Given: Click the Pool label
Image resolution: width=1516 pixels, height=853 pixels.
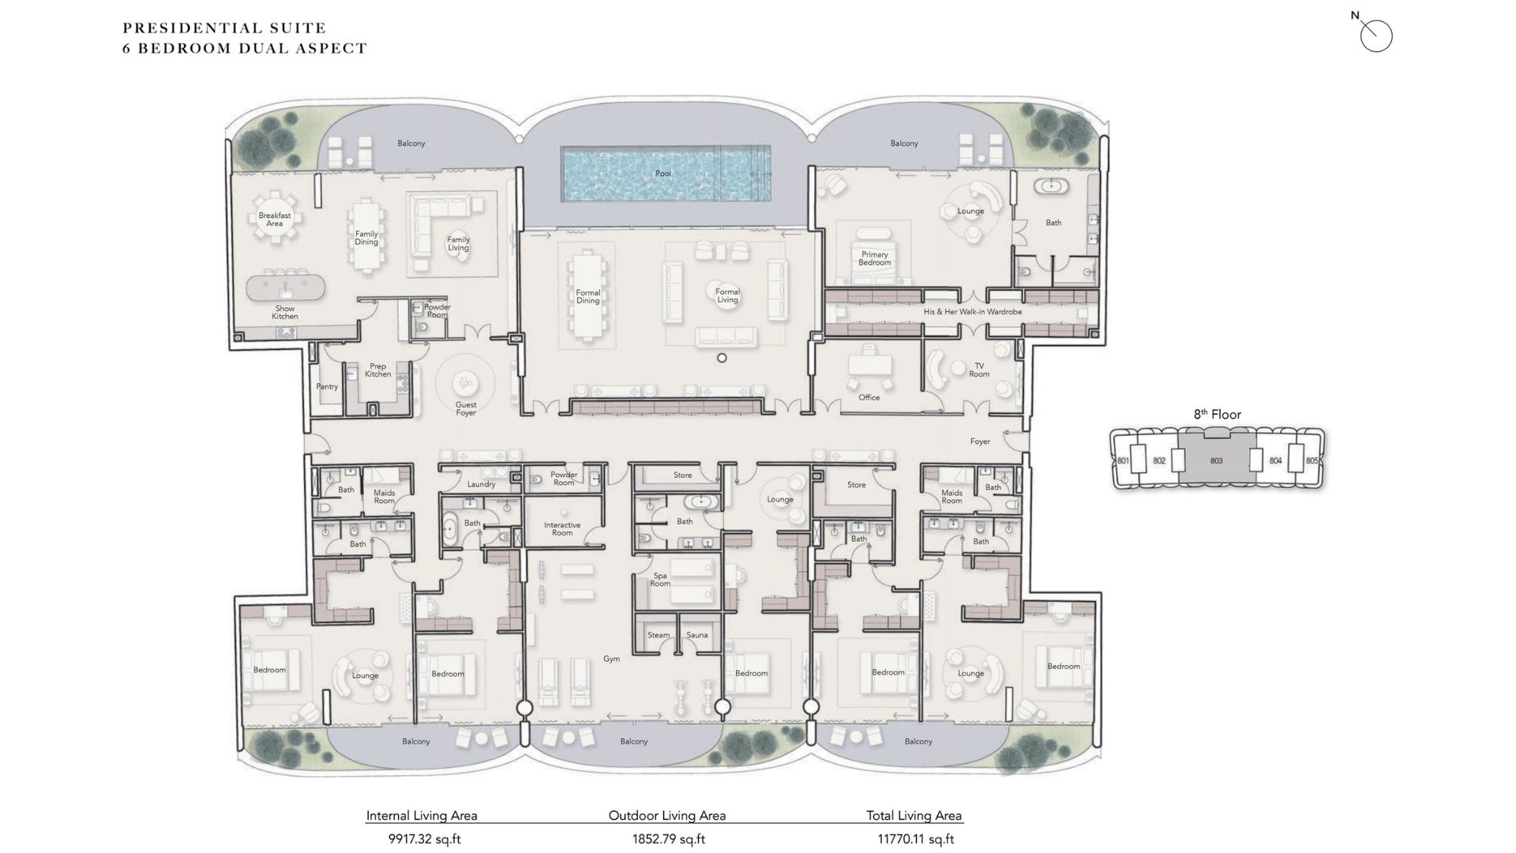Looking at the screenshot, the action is (x=663, y=173).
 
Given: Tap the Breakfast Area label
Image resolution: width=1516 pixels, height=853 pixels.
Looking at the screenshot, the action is (x=275, y=219).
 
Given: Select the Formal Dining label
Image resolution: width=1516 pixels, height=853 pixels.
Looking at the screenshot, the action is (x=588, y=296).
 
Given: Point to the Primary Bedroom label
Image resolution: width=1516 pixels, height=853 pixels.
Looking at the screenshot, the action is (x=875, y=258).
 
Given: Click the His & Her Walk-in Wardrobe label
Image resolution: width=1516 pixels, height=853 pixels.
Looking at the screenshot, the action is (x=973, y=312).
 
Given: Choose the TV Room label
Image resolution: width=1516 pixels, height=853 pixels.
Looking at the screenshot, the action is (x=979, y=370).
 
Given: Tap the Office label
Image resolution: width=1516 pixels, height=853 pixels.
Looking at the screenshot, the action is (x=869, y=397).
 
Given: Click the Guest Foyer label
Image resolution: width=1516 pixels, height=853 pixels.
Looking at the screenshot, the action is (x=466, y=408).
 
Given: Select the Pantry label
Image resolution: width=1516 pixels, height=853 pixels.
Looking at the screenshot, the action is (x=327, y=387).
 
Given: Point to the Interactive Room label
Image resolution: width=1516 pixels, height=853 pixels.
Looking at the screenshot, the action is (x=562, y=528).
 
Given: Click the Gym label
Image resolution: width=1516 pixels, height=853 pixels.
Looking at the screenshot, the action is (x=612, y=659).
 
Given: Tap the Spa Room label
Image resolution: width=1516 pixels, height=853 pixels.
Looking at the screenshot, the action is (x=660, y=580).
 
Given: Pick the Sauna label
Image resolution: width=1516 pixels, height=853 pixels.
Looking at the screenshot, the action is (x=697, y=635).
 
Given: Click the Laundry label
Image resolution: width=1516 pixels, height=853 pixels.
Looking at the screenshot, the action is (x=482, y=484).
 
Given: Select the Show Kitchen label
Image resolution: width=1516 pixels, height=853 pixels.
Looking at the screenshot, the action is (x=285, y=312).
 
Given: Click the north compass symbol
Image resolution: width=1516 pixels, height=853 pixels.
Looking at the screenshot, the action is (x=1375, y=35).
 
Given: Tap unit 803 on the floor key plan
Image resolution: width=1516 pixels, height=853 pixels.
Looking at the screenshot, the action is (x=1216, y=460).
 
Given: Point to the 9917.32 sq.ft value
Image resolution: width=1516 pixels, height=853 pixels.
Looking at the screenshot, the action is (x=425, y=840).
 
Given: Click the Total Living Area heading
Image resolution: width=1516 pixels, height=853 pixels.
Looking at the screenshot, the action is (x=914, y=816).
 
